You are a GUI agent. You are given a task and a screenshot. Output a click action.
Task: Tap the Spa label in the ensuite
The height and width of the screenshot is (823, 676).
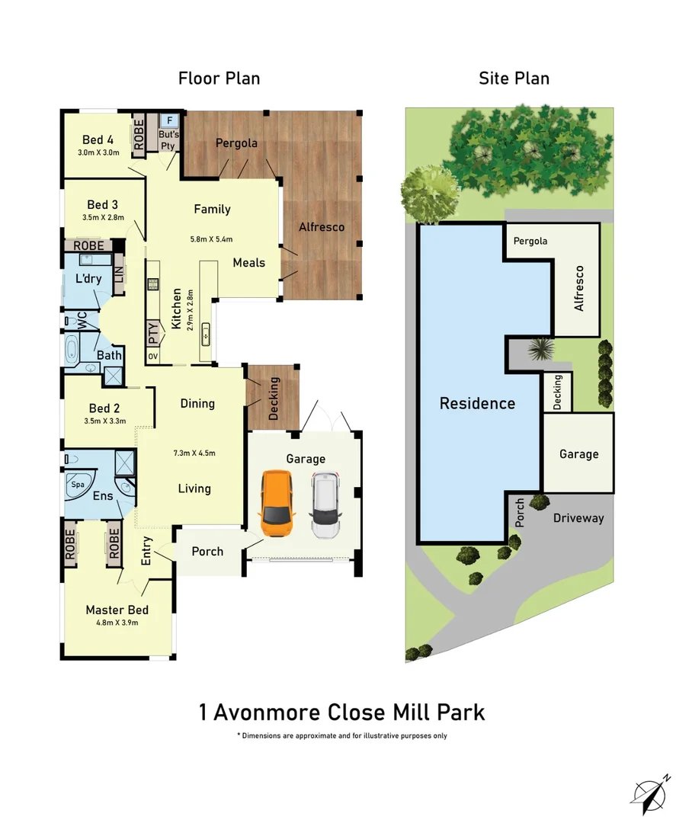[x=78, y=484]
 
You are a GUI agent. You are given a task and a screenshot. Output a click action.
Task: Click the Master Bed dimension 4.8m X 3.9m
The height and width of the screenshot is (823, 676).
[x=117, y=623]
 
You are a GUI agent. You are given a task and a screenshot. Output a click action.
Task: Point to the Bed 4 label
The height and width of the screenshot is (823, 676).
[x=98, y=139]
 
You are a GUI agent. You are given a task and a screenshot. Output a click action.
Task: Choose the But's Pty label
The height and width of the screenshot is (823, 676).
[x=168, y=139]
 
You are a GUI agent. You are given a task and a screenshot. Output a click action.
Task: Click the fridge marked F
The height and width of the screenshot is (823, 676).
[x=169, y=120]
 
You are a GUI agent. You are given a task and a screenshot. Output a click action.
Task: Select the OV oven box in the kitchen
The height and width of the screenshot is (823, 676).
[x=152, y=357]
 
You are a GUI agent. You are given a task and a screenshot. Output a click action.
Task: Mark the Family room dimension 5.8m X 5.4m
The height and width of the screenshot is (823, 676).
[x=211, y=239]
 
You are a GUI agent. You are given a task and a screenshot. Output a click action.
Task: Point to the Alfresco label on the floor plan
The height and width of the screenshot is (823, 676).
[x=321, y=227]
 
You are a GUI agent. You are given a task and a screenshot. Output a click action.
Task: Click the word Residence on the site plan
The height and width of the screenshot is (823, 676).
[x=477, y=403]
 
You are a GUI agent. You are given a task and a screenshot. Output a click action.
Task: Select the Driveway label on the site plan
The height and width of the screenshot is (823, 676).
[x=578, y=518]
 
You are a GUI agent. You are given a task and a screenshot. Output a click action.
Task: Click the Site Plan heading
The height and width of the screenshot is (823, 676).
[x=514, y=78]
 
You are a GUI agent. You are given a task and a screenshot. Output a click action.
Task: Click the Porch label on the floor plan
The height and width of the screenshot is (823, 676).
[x=207, y=550]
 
